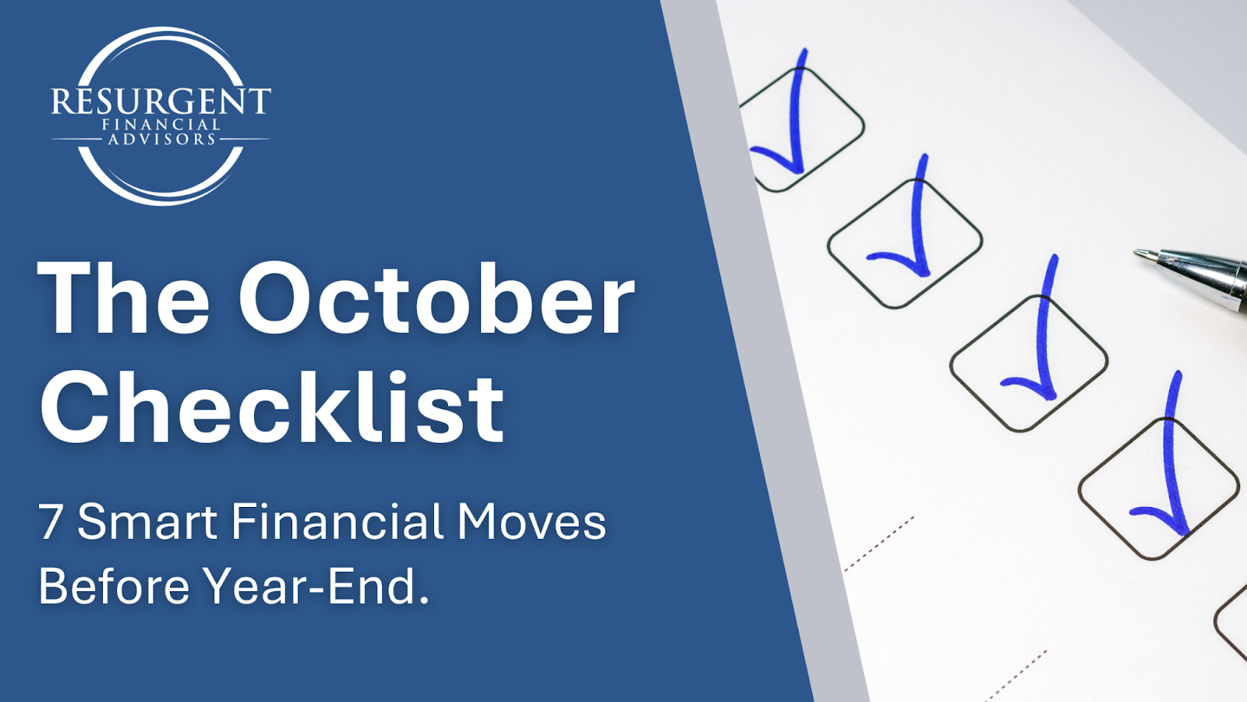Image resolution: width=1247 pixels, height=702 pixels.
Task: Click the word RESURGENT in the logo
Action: coord(161,101)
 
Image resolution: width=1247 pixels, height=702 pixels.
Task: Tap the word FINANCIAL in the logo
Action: coord(161,125)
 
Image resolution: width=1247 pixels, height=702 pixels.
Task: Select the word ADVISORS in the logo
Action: coord(161,139)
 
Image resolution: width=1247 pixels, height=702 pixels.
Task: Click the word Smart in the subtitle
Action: coord(147,521)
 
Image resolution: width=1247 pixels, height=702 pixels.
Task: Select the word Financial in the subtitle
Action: coord(337,521)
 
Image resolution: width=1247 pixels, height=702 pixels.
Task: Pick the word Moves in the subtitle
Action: coord(532,522)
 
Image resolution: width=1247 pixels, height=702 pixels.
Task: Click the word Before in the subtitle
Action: coord(114,586)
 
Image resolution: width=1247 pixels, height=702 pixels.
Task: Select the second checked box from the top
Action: coord(905,243)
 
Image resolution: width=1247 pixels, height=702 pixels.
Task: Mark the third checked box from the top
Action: coord(1029,363)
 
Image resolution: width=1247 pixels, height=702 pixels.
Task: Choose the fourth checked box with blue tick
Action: coord(1159,488)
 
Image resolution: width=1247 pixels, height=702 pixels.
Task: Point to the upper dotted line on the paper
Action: coord(879,544)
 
